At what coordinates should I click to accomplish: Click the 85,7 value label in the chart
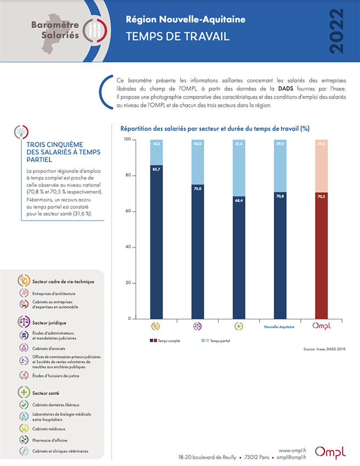click(x=156, y=170)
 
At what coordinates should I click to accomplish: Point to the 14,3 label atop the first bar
click(x=156, y=144)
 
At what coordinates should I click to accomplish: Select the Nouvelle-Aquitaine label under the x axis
click(x=280, y=327)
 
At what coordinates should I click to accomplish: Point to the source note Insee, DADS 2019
click(x=324, y=349)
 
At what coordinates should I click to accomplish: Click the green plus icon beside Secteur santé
click(x=24, y=392)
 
